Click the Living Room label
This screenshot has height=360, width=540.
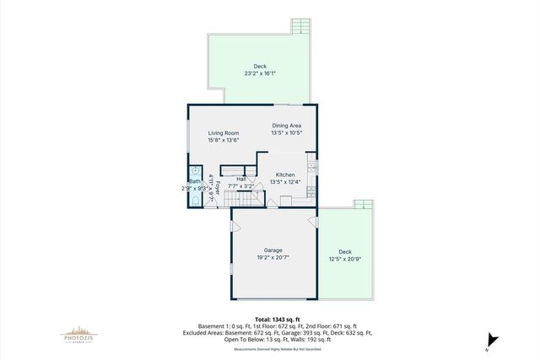click(224, 132)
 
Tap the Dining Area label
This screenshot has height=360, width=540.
click(286, 126)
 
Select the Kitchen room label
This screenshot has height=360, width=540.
click(285, 175)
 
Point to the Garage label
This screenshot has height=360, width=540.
click(273, 250)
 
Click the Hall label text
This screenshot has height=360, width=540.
click(241, 179)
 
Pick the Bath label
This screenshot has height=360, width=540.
click(195, 181)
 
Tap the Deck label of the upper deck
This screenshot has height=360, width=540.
click(261, 66)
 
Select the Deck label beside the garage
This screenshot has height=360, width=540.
click(345, 251)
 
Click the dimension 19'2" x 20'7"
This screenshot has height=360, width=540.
click(273, 258)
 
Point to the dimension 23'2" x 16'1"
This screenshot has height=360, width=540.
click(261, 73)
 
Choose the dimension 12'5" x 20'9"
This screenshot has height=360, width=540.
click(345, 259)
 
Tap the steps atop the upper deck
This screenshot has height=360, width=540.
click(301, 25)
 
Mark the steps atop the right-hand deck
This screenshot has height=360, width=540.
click(362, 204)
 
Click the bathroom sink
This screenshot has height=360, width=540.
click(194, 170)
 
